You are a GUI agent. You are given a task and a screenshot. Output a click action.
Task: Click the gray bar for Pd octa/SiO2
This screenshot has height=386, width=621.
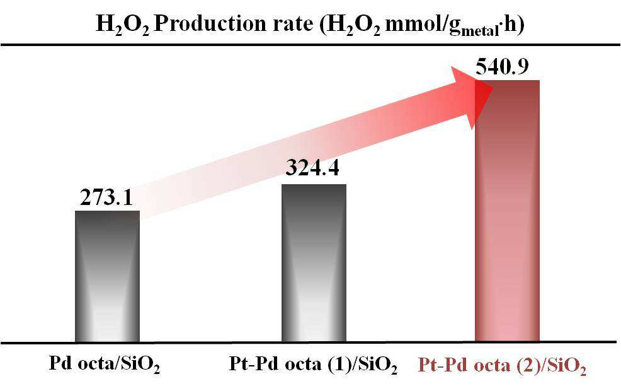pos(107,276)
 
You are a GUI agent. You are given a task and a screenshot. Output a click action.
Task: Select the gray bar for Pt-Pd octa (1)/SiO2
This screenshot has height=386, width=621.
pos(314,263)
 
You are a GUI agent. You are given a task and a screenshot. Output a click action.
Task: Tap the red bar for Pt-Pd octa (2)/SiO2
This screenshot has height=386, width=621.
pos(508,211)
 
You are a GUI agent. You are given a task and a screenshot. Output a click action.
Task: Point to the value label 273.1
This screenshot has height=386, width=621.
pos(106,197)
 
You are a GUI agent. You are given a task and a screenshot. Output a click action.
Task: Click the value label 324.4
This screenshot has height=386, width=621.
pos(312,167)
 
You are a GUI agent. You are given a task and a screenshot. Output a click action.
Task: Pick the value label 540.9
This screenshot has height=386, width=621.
pos(502,66)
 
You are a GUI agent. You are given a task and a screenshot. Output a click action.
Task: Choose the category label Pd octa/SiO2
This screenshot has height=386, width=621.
pos(105,364)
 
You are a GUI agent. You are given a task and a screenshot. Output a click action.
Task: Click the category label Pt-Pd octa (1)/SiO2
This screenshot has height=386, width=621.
pos(313,364)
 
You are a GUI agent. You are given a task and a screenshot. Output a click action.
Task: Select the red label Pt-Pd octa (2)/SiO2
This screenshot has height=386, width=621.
pos(502,365)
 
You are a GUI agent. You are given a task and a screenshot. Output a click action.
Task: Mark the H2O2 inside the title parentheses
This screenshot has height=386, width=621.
pos(354,25)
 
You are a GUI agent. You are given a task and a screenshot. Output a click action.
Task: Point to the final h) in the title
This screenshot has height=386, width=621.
pos(515,24)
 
